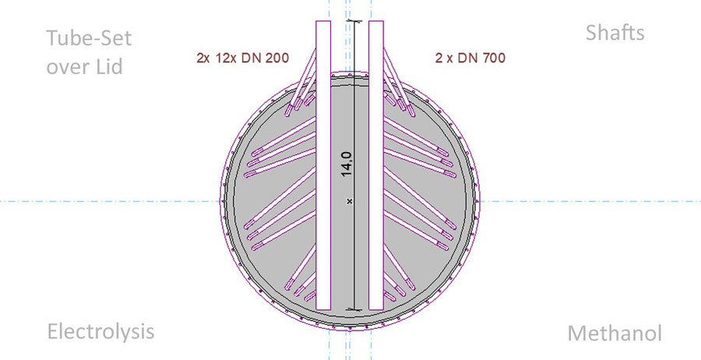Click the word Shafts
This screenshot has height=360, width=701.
coord(615,33)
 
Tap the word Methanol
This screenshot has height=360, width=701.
coord(614,334)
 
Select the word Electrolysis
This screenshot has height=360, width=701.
coord(100,331)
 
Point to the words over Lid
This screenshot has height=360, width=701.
coord(84,67)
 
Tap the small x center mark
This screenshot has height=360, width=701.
coord(350,201)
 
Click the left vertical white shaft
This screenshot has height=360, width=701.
coord(324,164)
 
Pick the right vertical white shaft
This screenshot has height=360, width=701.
coord(376,164)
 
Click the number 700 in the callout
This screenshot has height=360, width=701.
coord(488,57)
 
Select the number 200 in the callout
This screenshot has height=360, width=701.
coord(273,57)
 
